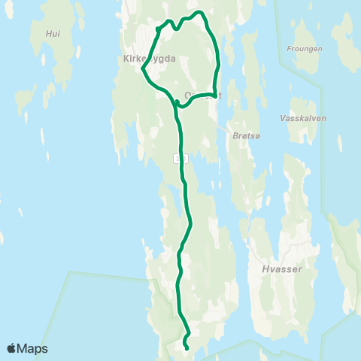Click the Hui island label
pyautogui.click(x=52, y=34)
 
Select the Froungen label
pyautogui.click(x=305, y=49)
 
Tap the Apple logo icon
pyautogui.click(x=12, y=348)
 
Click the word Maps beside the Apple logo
pyautogui.click(x=33, y=348)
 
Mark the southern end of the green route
pyautogui.click(x=187, y=347)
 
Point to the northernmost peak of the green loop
pyautogui.click(x=199, y=12)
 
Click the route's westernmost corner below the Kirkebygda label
pyautogui.click(x=142, y=69)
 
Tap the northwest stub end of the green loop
pyautogui.click(x=156, y=29)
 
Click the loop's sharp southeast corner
pyautogui.click(x=215, y=96)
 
